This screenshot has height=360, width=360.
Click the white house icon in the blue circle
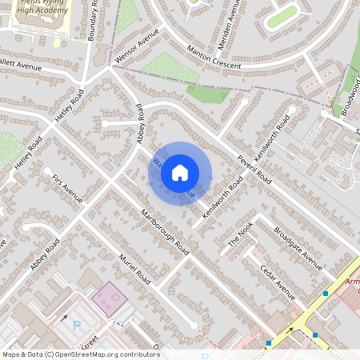click(180, 172)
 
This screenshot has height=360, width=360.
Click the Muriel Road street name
click(134, 270)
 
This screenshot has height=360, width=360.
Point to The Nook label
click(241, 233)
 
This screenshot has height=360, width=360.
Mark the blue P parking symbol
click(77, 325)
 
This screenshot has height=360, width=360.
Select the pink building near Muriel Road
click(110, 299)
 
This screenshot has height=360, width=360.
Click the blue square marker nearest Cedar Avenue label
click(326, 294)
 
